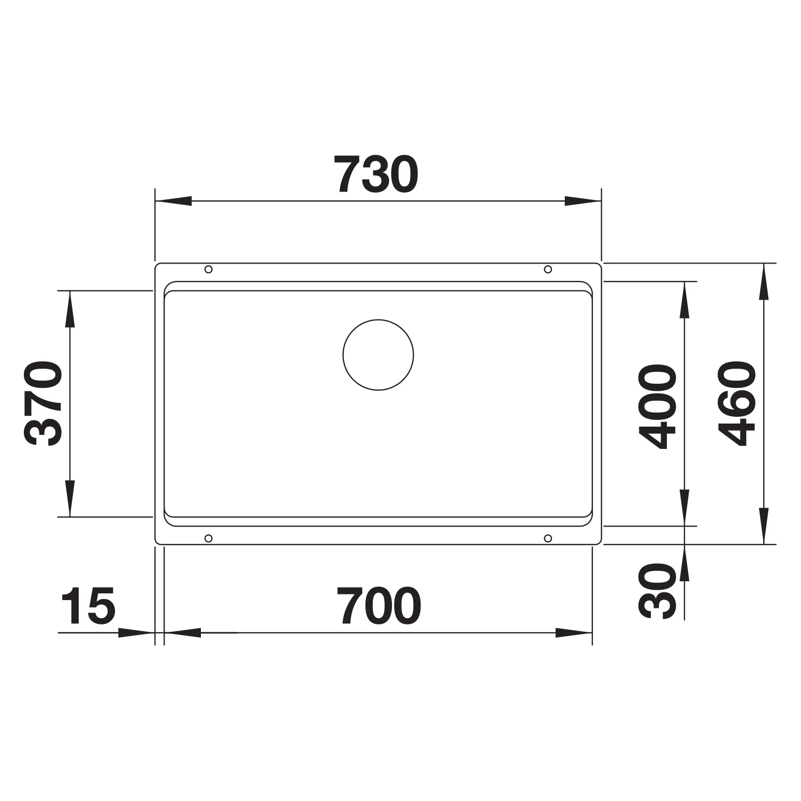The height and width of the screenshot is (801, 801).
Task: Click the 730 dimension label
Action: pos(375,173)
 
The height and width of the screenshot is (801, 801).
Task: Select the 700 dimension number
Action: pos(379,605)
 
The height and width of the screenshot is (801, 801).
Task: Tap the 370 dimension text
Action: pos(43,403)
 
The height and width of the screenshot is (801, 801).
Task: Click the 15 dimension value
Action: pos(88,605)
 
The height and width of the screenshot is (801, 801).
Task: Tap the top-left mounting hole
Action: pos(208,269)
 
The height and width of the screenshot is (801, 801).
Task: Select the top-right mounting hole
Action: pos(548,269)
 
